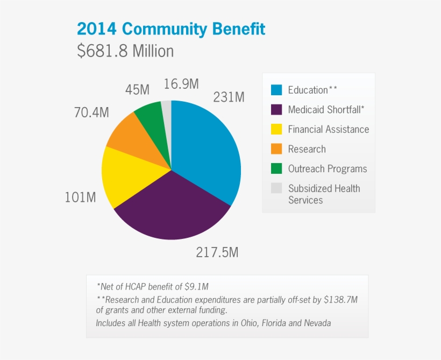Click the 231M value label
pyautogui.click(x=229, y=97)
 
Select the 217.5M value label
pyautogui.click(x=217, y=252)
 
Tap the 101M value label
pyautogui.click(x=80, y=197)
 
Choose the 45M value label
pyautogui.click(x=137, y=90)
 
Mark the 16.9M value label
pyautogui.click(x=181, y=84)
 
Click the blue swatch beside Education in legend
pyautogui.click(x=276, y=90)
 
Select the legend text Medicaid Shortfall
pyautogui.click(x=326, y=110)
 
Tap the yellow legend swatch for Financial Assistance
pyautogui.click(x=276, y=129)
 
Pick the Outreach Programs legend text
pyautogui.click(x=327, y=168)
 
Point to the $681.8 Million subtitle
pyautogui.click(x=125, y=51)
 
